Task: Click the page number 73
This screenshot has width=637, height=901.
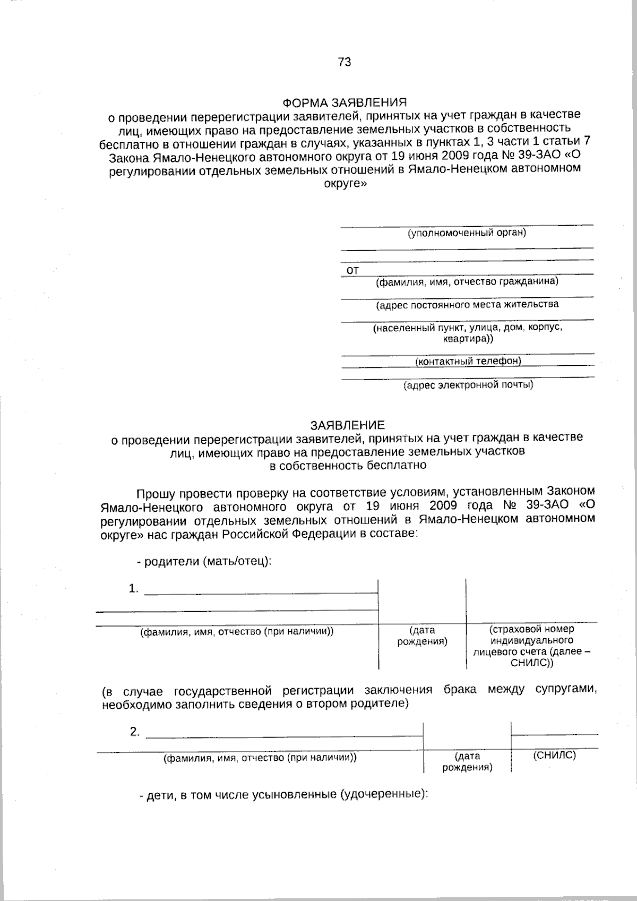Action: click(344, 62)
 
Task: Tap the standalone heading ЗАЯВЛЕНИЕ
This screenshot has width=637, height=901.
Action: click(348, 425)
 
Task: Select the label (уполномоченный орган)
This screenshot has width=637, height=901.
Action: click(467, 233)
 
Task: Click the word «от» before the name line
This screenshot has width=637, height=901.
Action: click(352, 270)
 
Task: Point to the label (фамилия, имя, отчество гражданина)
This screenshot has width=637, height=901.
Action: click(467, 281)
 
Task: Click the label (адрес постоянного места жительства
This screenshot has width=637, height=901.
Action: click(467, 305)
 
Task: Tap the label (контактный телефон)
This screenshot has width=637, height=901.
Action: click(468, 361)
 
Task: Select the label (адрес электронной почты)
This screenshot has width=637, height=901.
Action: click(468, 385)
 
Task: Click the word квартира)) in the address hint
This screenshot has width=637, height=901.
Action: click(468, 338)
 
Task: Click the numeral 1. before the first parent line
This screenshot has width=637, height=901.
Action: click(134, 588)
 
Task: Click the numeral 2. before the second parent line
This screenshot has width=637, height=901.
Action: click(135, 732)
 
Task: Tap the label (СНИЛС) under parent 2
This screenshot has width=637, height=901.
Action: click(554, 755)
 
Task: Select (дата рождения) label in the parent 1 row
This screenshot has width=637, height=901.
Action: click(422, 636)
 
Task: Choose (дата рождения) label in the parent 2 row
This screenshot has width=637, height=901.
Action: click(467, 761)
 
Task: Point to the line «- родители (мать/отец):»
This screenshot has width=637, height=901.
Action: click(205, 561)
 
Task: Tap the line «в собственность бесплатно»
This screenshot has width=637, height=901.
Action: click(348, 466)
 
